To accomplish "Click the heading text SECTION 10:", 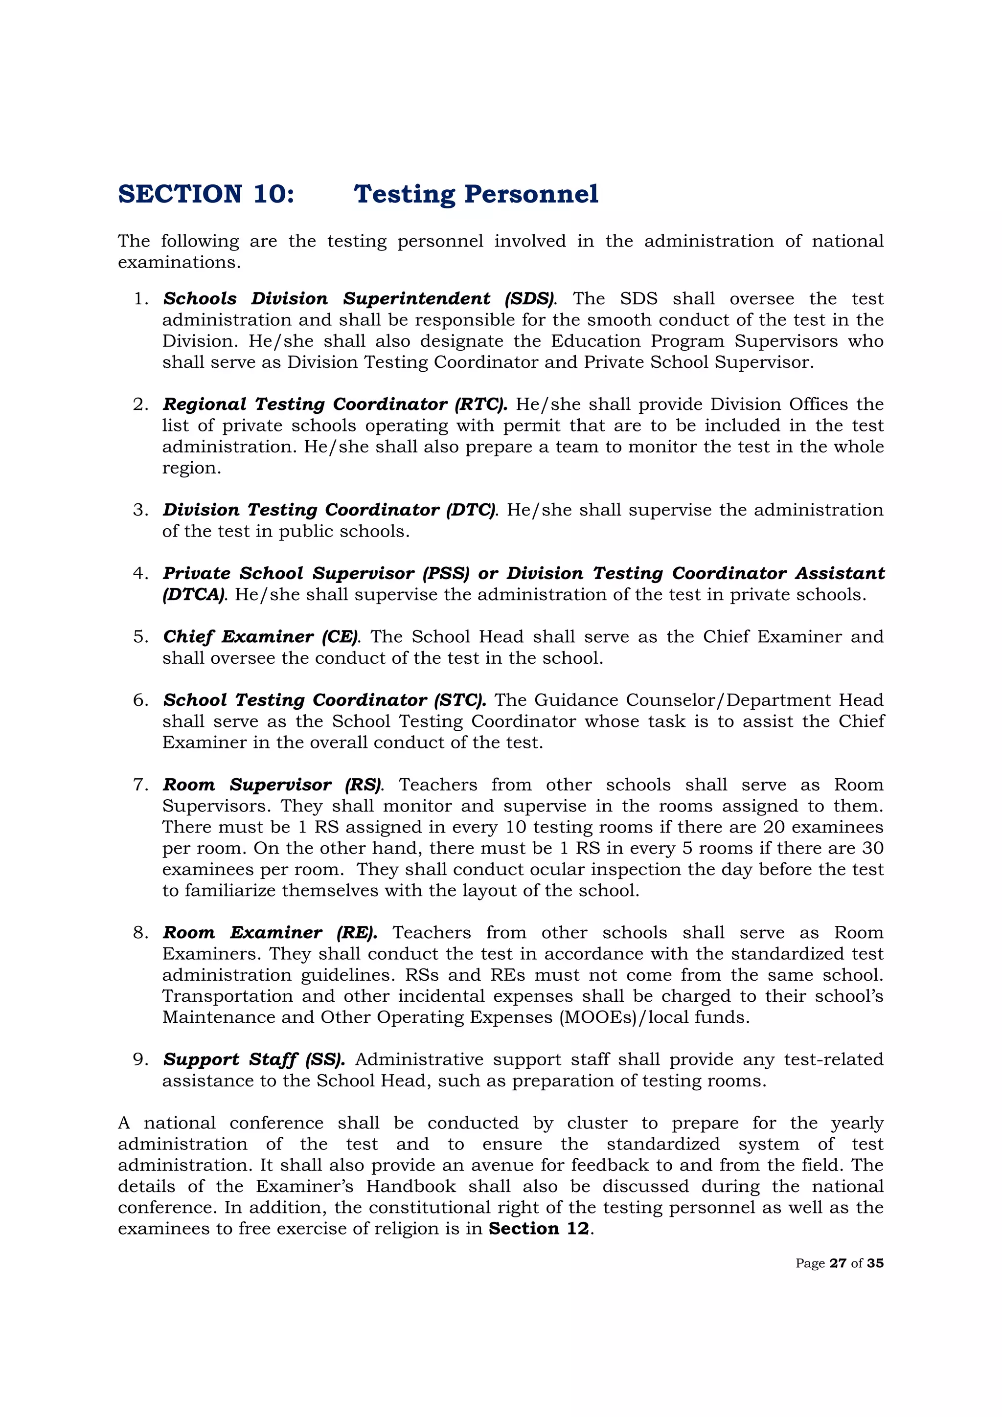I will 206,194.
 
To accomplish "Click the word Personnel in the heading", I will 531,194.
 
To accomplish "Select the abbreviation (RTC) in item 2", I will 480,404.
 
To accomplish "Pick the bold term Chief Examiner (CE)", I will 261,636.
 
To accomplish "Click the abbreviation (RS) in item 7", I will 364,785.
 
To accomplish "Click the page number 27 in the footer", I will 837,1263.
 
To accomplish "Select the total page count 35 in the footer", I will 875,1263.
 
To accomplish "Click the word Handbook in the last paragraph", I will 410,1186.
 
